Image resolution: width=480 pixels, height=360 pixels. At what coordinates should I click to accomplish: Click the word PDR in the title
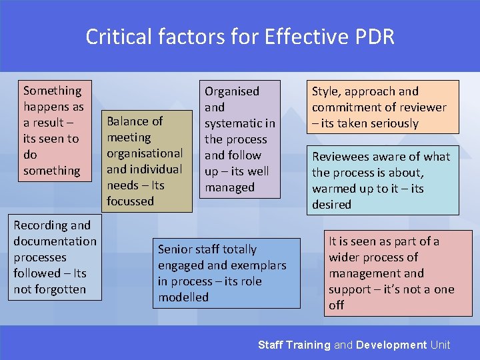click(374, 37)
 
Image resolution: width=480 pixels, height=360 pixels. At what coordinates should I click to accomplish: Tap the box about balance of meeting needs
click(145, 161)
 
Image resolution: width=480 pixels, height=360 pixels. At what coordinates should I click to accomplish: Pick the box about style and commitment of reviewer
click(382, 107)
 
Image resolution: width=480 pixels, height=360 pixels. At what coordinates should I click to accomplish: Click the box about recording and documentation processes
click(55, 257)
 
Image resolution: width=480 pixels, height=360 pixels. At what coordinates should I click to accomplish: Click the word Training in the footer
click(308, 345)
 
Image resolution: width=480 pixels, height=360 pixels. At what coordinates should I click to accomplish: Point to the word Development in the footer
click(391, 345)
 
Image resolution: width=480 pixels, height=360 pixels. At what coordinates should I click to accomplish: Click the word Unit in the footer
click(441, 345)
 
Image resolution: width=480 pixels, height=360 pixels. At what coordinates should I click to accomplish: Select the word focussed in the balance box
click(130, 201)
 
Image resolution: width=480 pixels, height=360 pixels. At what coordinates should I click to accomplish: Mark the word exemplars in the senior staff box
click(259, 265)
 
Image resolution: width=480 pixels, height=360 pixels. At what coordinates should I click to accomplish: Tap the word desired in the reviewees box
click(331, 205)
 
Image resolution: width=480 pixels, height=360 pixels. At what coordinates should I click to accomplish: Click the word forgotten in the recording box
click(63, 289)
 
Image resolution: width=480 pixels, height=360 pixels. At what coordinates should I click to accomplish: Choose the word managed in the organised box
click(229, 187)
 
